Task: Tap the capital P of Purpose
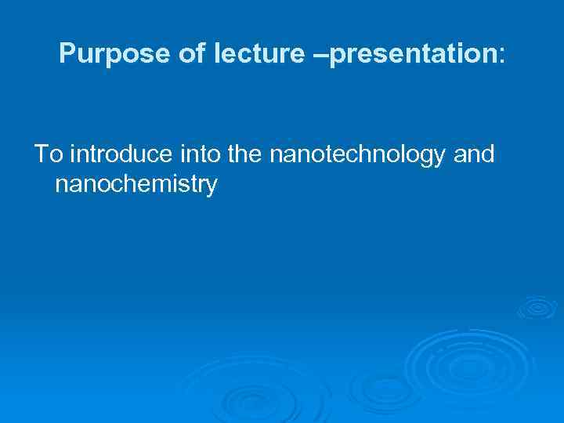67,54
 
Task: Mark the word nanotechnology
360,156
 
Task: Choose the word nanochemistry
136,186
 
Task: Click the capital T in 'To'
40,155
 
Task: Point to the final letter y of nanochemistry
211,188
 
